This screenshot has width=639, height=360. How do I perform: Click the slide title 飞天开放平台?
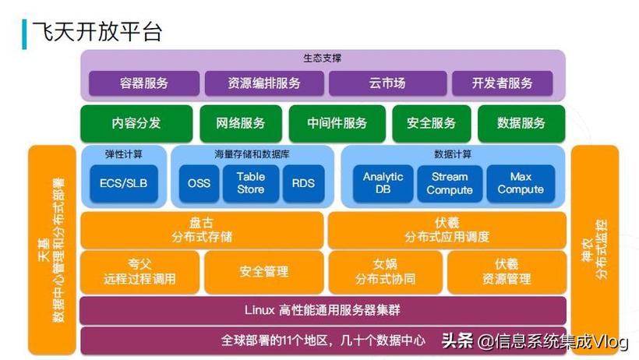[x=97, y=29]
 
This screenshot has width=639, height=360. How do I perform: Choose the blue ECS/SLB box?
[x=123, y=184]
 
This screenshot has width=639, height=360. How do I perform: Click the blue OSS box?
[x=199, y=184]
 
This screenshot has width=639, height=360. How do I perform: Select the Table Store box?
[x=251, y=183]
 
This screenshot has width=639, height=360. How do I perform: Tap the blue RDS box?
[x=303, y=184]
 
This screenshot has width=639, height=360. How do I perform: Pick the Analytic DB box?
[x=383, y=183]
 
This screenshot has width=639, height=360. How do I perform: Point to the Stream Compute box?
[x=449, y=183]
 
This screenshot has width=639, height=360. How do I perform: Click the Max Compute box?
[x=521, y=183]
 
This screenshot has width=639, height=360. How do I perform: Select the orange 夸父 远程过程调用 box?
[x=139, y=271]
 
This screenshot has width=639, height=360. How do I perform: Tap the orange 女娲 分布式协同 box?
[x=385, y=271]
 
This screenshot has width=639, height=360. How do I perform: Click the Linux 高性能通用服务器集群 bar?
[x=323, y=309]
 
